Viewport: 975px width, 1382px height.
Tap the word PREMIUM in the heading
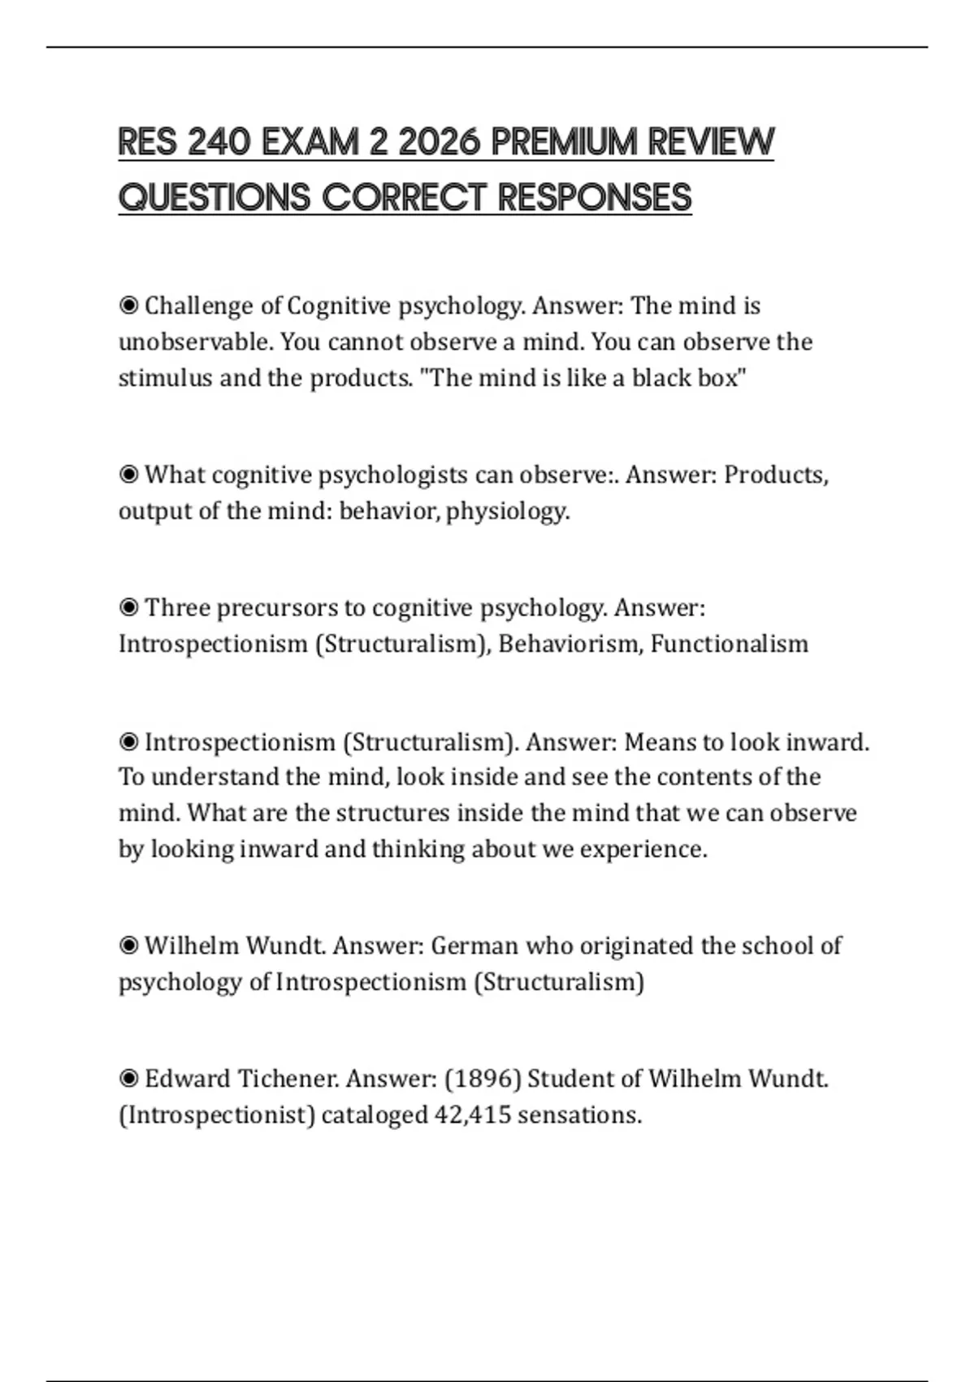[x=564, y=143]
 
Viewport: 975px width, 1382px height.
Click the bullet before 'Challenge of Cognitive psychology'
[x=128, y=306]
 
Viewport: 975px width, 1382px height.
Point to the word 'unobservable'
[x=195, y=341]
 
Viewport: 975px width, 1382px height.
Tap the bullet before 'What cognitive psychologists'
[x=128, y=474]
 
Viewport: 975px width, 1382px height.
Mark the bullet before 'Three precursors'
[x=128, y=607]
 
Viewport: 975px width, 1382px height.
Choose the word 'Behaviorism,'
[x=570, y=644]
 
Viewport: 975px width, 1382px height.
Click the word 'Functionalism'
[x=729, y=644]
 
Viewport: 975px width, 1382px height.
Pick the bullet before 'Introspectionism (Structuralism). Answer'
[x=128, y=741]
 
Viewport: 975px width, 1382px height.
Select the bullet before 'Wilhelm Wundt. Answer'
[x=128, y=945]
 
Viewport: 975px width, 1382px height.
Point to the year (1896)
[x=483, y=1079]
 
